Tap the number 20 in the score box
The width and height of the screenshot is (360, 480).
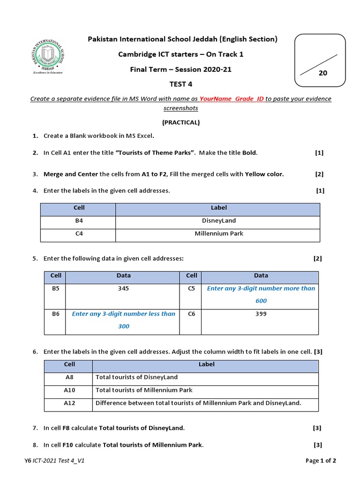pyautogui.click(x=322, y=73)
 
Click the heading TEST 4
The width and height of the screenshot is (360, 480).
pyautogui.click(x=180, y=84)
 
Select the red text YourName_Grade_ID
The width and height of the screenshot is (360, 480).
pyautogui.click(x=232, y=99)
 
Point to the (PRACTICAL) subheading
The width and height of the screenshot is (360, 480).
pyautogui.click(x=180, y=122)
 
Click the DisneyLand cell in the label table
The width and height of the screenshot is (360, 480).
pyautogui.click(x=218, y=220)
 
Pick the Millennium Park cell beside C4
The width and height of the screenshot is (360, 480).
pyautogui.click(x=218, y=233)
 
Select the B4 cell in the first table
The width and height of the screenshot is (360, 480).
pyautogui.click(x=79, y=220)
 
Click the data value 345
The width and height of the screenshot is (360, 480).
pyautogui.click(x=123, y=289)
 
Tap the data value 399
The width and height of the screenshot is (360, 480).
pyautogui.click(x=261, y=314)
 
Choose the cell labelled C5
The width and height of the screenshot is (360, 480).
pyautogui.click(x=191, y=289)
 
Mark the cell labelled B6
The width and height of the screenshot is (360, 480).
pyautogui.click(x=56, y=314)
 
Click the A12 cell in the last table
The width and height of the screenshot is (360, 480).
pyautogui.click(x=69, y=403)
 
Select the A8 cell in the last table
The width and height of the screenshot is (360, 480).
pyautogui.click(x=69, y=377)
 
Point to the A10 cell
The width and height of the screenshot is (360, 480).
pyautogui.click(x=69, y=390)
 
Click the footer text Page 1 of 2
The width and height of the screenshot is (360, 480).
pyautogui.click(x=321, y=461)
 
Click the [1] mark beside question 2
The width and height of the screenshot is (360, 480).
pyautogui.click(x=319, y=153)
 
